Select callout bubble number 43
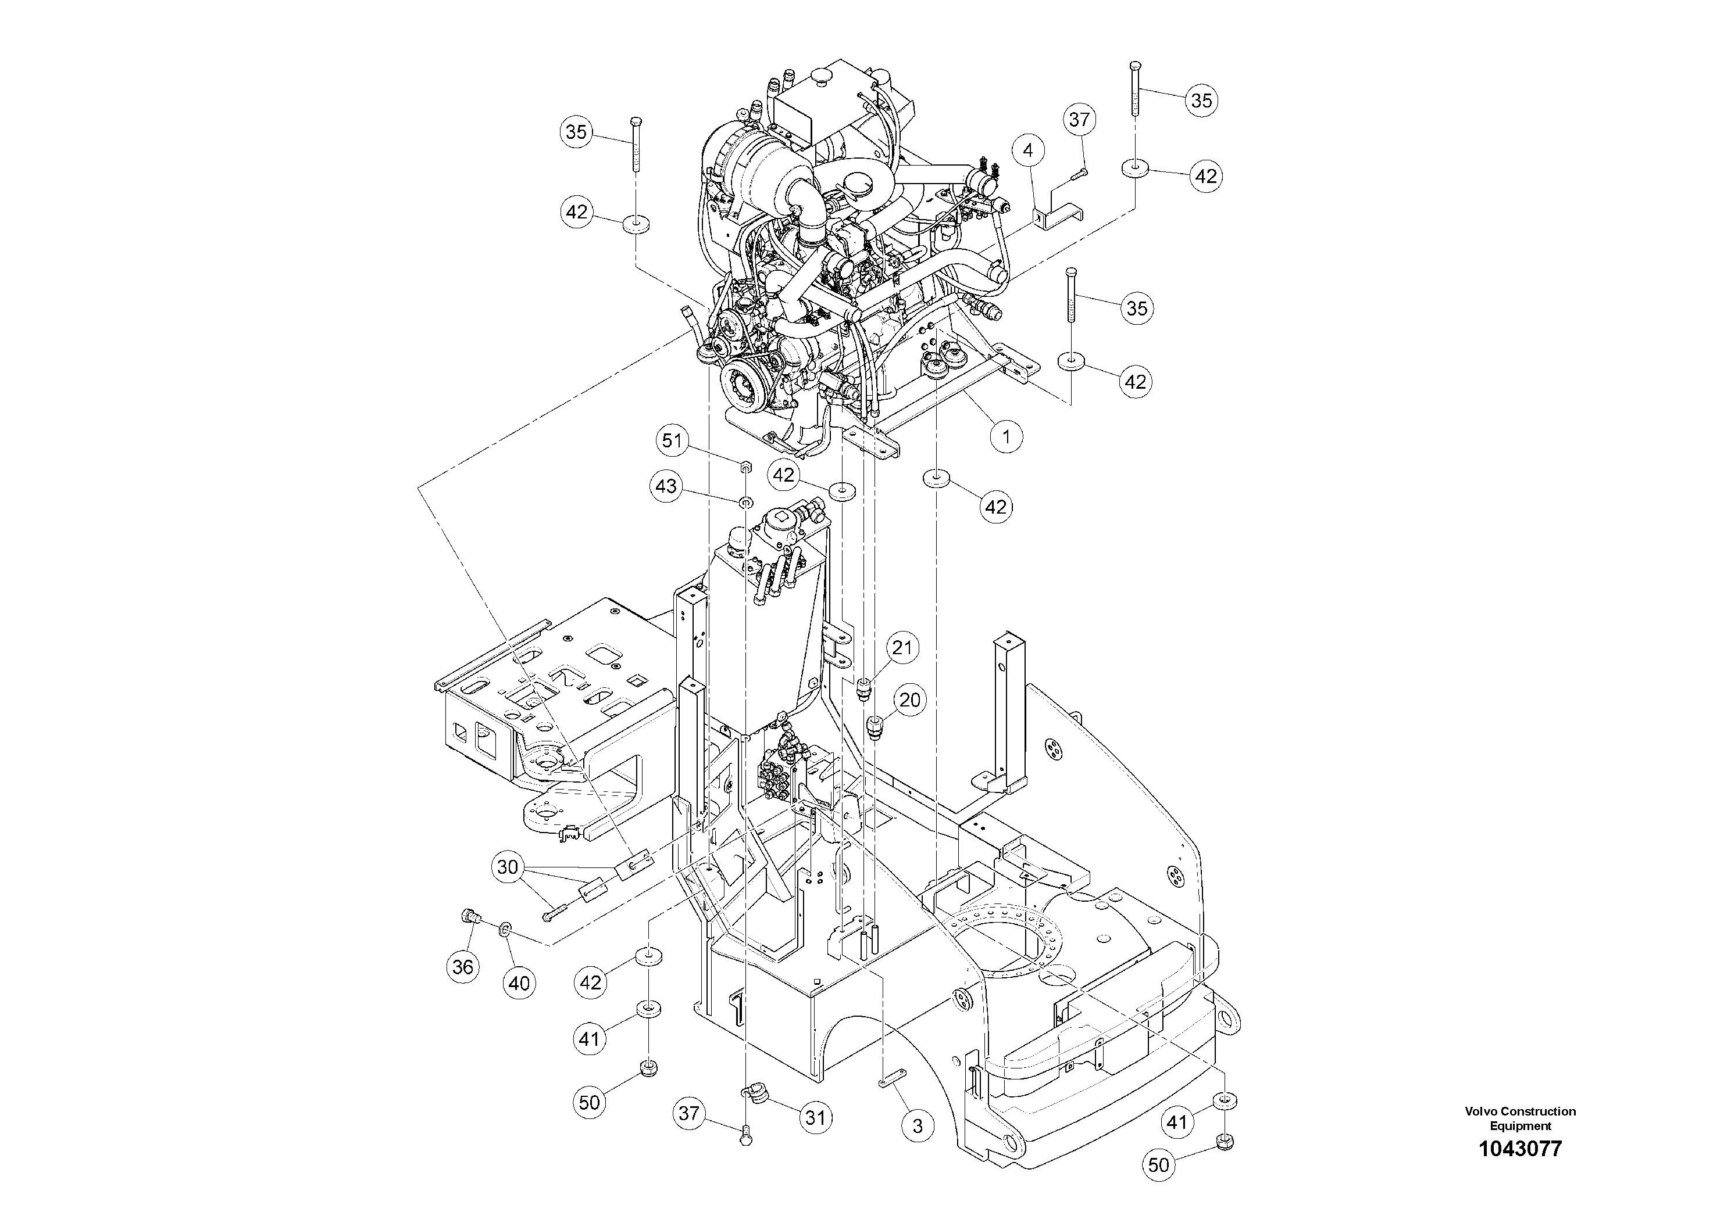[666, 487]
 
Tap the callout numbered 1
[1006, 436]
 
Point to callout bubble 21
[902, 647]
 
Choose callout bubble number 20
[910, 700]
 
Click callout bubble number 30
[508, 867]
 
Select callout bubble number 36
[463, 967]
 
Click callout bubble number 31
[816, 1117]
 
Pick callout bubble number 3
[918, 1127]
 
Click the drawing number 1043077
[1520, 1149]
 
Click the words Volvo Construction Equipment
[1520, 1118]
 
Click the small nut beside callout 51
[744, 467]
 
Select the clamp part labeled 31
[752, 1093]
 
